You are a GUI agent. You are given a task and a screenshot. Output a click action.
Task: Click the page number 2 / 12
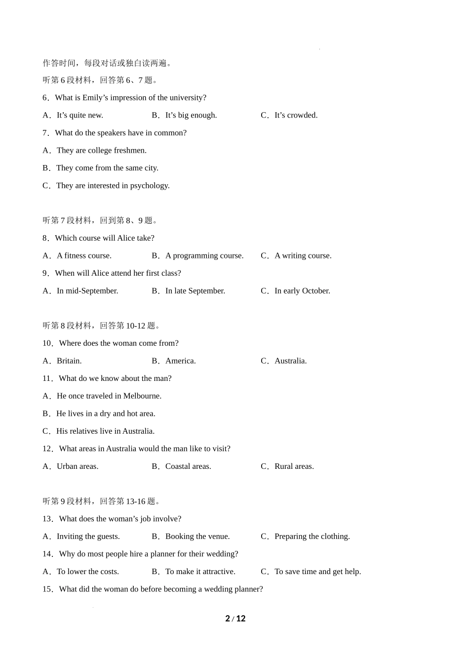pyautogui.click(x=235, y=619)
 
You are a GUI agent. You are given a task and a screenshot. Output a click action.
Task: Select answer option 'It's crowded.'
pyautogui.click(x=296, y=115)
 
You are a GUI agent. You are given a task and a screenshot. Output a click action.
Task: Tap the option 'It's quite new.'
pyautogui.click(x=79, y=115)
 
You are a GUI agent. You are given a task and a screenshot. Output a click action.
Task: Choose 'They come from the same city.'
pyautogui.click(x=107, y=168)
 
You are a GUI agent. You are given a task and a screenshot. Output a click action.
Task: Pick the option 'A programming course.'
pyautogui.click(x=204, y=255)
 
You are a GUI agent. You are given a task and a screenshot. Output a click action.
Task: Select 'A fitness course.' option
pyautogui.click(x=84, y=255)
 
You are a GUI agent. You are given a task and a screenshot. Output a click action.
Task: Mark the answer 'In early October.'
pyautogui.click(x=302, y=290)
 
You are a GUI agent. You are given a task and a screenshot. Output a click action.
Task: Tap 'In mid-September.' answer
pyautogui.click(x=87, y=290)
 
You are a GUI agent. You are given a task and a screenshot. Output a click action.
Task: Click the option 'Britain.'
pyautogui.click(x=69, y=361)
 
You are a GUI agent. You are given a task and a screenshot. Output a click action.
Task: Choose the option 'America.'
pyautogui.click(x=180, y=361)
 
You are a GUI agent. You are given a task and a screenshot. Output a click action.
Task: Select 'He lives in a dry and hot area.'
pyautogui.click(x=106, y=414)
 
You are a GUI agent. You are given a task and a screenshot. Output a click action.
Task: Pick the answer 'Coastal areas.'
pyautogui.click(x=188, y=466)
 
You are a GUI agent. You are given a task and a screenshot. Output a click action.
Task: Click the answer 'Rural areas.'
pyautogui.click(x=294, y=466)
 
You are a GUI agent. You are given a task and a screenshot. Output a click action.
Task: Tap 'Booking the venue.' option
pyautogui.click(x=197, y=537)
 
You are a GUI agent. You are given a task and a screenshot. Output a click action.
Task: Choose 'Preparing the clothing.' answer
pyautogui.click(x=312, y=537)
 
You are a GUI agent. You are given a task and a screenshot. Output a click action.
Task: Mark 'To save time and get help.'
pyautogui.click(x=317, y=572)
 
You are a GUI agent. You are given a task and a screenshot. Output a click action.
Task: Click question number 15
pyautogui.click(x=47, y=589)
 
